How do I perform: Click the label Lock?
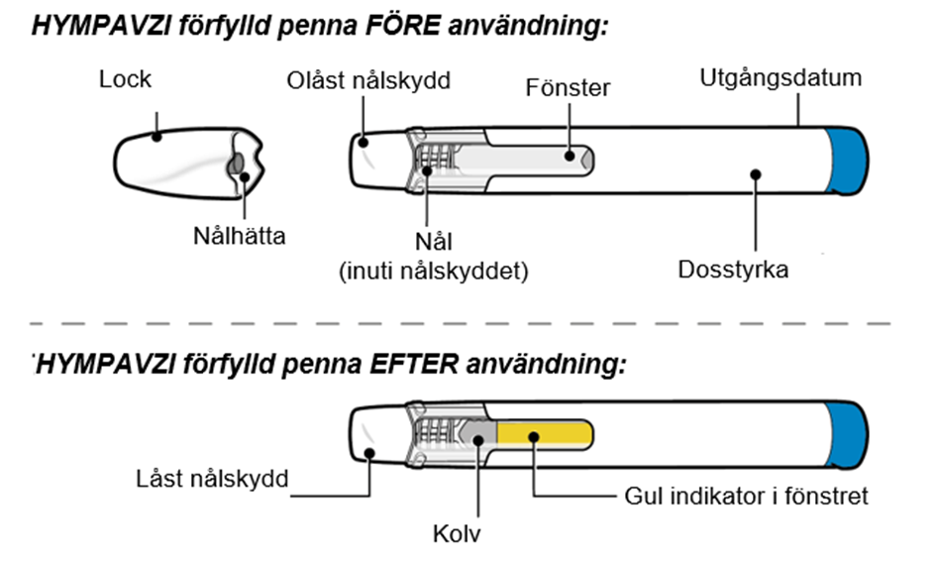[x=125, y=79]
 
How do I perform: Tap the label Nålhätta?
[x=240, y=235]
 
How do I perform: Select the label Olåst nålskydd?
[x=368, y=80]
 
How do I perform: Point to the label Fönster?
[x=568, y=88]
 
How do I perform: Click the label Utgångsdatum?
[x=780, y=78]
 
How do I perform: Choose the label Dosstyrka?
[x=733, y=270]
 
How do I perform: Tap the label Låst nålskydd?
[x=212, y=479]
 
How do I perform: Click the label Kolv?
[x=457, y=533]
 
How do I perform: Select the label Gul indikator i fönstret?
[x=746, y=496]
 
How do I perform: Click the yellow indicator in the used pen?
[x=545, y=435]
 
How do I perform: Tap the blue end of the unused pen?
[x=847, y=161]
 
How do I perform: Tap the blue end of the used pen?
[x=847, y=435]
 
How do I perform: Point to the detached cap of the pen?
[x=188, y=163]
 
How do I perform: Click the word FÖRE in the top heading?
[x=403, y=26]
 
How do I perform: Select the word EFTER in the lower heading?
[x=414, y=363]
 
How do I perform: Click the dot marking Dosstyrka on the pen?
[x=756, y=174]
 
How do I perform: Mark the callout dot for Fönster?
[x=570, y=156]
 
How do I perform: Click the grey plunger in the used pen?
[x=478, y=436]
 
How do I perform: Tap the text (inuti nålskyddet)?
[x=434, y=272]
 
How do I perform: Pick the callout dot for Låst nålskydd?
[x=369, y=454]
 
